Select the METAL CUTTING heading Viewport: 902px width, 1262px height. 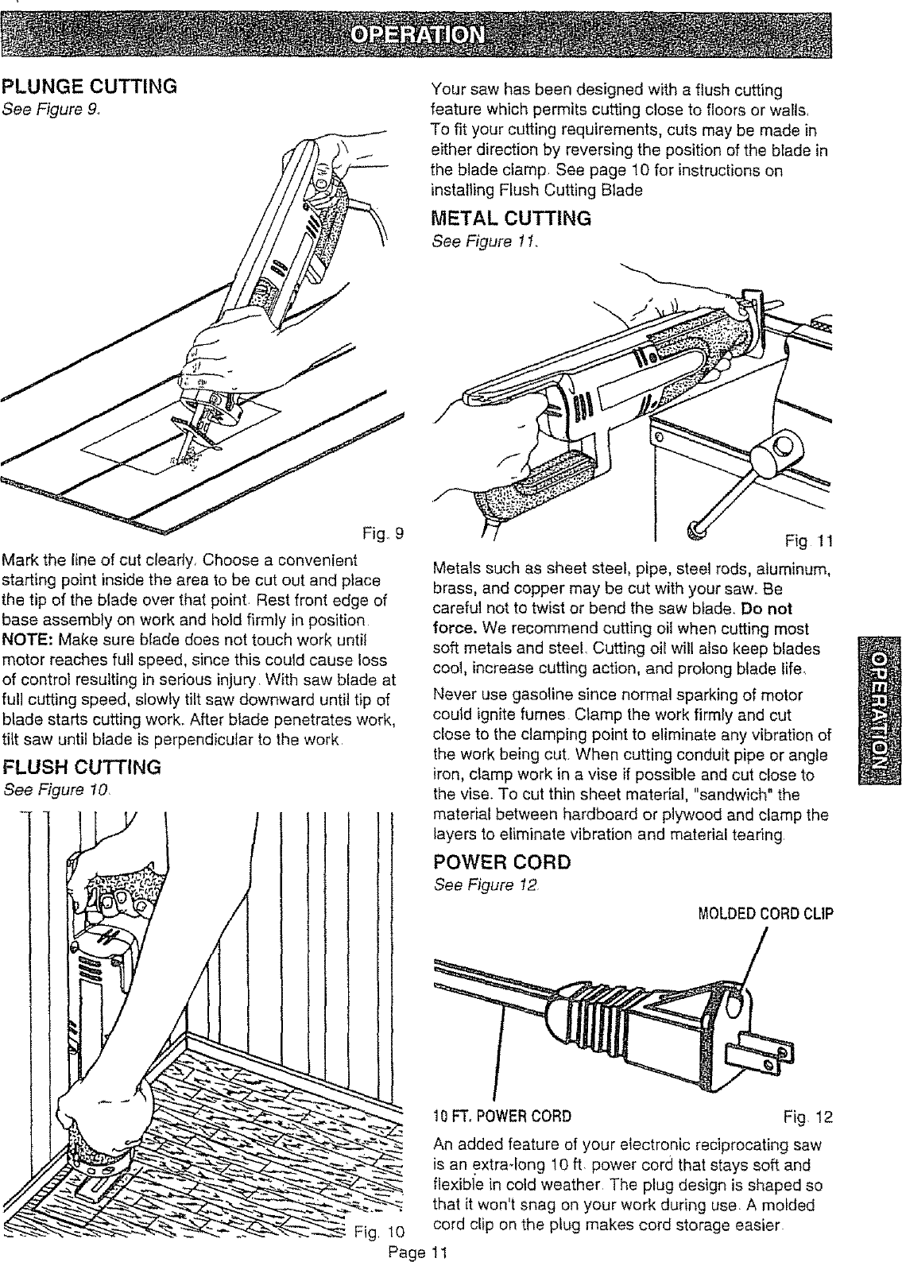(x=510, y=218)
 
